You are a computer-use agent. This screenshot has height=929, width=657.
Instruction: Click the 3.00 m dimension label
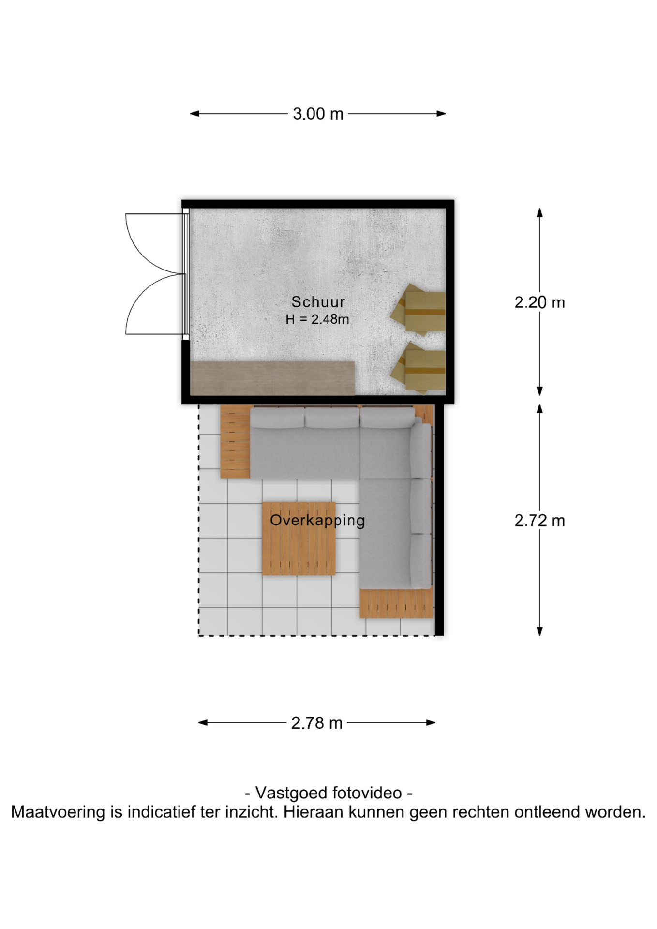point(318,114)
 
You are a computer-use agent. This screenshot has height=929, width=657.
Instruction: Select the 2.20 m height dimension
point(539,302)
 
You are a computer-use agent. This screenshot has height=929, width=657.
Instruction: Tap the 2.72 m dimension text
point(539,521)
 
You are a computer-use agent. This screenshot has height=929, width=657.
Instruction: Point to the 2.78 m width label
point(317,723)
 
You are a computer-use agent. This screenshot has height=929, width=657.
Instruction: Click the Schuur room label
point(318,302)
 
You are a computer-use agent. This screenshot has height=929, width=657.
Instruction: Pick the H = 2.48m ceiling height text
point(317,319)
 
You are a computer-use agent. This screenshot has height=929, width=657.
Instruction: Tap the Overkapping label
point(317,521)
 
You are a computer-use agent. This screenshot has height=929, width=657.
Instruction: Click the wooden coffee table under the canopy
point(299,539)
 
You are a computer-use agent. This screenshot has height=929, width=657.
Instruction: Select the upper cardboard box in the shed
point(418,310)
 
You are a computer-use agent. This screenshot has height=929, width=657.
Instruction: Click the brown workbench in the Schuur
point(272,378)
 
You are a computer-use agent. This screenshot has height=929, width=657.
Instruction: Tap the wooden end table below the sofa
point(396,603)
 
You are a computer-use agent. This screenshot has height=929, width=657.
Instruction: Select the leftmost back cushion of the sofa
point(278,418)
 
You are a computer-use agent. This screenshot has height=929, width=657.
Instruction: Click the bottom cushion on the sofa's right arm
point(421,561)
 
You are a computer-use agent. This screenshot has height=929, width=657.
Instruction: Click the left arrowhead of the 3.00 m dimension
point(194,114)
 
